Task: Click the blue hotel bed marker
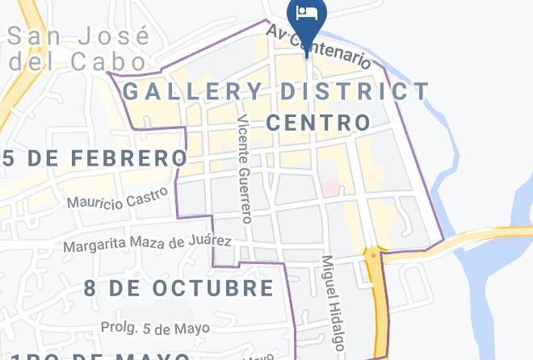pos(307,14)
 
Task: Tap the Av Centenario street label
pos(320,47)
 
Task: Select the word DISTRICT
pos(355,90)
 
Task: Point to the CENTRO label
pos(317,123)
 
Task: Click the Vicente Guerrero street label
pos(245,168)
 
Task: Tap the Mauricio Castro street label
pos(118,197)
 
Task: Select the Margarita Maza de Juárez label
pos(148,242)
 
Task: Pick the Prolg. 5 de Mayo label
pos(155,328)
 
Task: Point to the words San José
pos(78,37)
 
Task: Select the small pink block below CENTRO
pos(330,187)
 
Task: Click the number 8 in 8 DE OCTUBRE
pos(90,287)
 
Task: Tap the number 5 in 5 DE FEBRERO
pos(9,157)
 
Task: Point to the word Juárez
pos(212,241)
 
